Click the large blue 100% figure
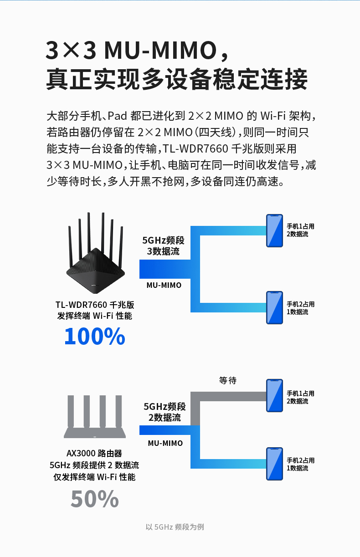coord(94,336)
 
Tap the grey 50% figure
coord(94,499)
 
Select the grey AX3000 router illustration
coord(95,416)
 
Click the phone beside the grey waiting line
coord(275,395)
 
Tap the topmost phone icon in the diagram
coord(275,230)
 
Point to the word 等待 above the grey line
coord(228,380)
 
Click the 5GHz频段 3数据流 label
coord(164,246)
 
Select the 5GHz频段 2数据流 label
coord(165,412)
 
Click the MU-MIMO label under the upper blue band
coord(164,285)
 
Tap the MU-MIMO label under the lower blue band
coord(165,443)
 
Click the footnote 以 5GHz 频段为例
coord(175,527)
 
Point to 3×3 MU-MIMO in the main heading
coord(130,51)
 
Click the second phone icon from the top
coord(275,308)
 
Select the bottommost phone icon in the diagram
coord(275,464)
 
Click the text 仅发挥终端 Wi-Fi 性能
coord(94,477)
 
